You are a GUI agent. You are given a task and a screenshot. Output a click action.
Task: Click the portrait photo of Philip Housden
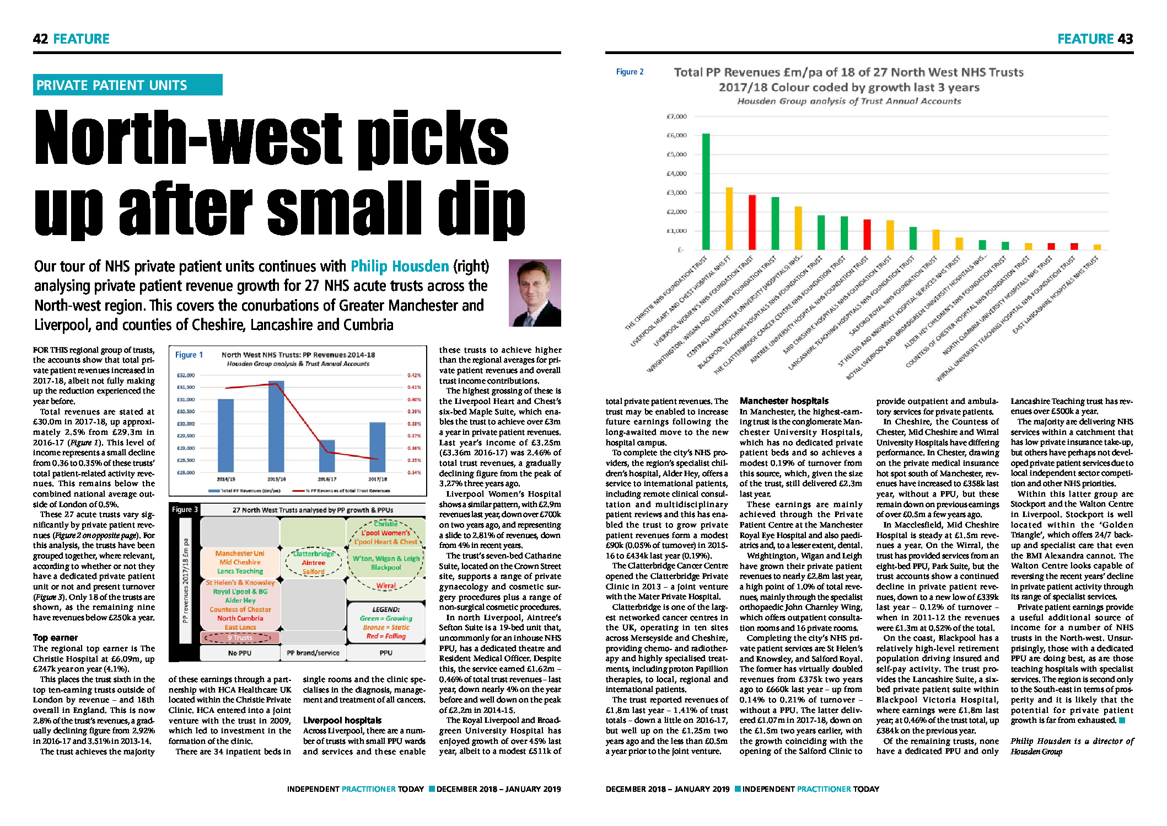(534, 292)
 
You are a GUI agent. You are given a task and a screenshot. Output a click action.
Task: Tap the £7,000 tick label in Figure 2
(676, 116)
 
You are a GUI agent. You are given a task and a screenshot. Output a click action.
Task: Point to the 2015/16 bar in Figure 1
(276, 425)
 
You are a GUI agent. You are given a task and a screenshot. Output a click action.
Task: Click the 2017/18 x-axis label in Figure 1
(378, 479)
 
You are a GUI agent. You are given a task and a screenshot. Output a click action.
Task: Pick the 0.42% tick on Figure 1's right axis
(414, 375)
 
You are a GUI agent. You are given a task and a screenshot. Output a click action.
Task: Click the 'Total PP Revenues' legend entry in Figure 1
(245, 491)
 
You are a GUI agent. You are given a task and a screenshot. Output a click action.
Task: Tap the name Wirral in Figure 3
(386, 585)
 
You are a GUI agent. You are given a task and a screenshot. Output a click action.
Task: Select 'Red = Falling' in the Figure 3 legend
(386, 636)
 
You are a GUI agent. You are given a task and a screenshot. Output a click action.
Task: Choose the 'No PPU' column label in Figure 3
(239, 653)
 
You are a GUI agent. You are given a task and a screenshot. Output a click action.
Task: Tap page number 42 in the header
(40, 39)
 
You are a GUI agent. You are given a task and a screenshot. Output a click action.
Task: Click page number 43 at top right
(1125, 39)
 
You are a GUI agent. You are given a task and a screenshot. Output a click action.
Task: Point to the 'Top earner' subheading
(55, 637)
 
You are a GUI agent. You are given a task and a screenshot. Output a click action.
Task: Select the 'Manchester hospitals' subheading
(784, 401)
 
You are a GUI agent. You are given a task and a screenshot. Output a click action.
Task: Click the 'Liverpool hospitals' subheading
(342, 720)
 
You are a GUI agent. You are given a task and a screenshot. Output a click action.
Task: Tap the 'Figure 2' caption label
(630, 72)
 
